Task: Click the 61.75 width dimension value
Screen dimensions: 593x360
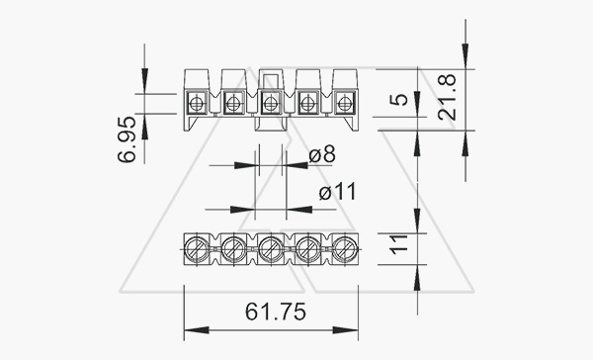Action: click(x=276, y=312)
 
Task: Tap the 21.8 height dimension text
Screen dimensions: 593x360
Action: click(x=447, y=97)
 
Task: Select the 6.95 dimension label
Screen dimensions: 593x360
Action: click(x=127, y=139)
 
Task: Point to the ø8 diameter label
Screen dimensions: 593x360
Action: click(x=322, y=155)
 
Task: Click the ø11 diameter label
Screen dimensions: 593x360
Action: click(x=338, y=192)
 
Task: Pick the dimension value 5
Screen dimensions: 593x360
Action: click(x=399, y=100)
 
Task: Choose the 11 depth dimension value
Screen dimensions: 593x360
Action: click(x=399, y=244)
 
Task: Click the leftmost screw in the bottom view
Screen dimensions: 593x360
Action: click(x=197, y=248)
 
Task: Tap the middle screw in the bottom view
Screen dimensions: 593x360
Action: click(x=270, y=248)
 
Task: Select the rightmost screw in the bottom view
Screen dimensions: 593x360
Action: click(x=344, y=248)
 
